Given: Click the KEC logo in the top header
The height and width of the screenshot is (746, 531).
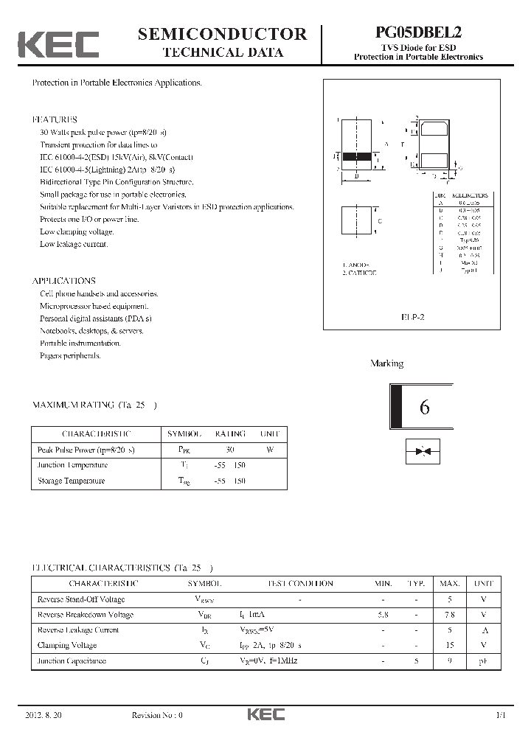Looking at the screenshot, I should (58, 44).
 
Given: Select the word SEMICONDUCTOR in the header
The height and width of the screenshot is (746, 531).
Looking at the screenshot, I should (222, 34).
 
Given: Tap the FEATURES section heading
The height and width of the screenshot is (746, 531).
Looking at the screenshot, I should (54, 119).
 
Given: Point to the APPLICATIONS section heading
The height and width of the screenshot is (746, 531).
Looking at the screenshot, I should (63, 281).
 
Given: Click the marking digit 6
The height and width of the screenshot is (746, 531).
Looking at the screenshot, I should (424, 408).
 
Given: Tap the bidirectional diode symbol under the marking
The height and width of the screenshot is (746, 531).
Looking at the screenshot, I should (423, 451).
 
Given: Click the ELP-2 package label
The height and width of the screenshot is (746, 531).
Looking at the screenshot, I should (413, 316).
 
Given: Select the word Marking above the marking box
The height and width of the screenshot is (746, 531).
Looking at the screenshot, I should (386, 363).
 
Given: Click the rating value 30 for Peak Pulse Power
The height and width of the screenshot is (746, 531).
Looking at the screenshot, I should (230, 449).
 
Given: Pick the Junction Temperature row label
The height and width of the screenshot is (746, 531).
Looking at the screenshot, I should (72, 465).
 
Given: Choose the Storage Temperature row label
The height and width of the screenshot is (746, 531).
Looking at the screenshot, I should (71, 481).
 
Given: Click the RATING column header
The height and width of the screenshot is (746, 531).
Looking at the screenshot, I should (230, 433).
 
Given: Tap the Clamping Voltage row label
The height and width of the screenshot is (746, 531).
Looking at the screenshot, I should (67, 645).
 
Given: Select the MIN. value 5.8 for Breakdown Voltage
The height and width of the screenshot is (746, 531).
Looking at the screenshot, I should (383, 614).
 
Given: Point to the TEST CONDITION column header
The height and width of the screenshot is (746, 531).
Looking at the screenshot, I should (300, 583).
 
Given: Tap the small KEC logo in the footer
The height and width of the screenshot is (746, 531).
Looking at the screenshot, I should (265, 714).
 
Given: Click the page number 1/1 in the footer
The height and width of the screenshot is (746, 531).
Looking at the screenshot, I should (502, 715).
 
